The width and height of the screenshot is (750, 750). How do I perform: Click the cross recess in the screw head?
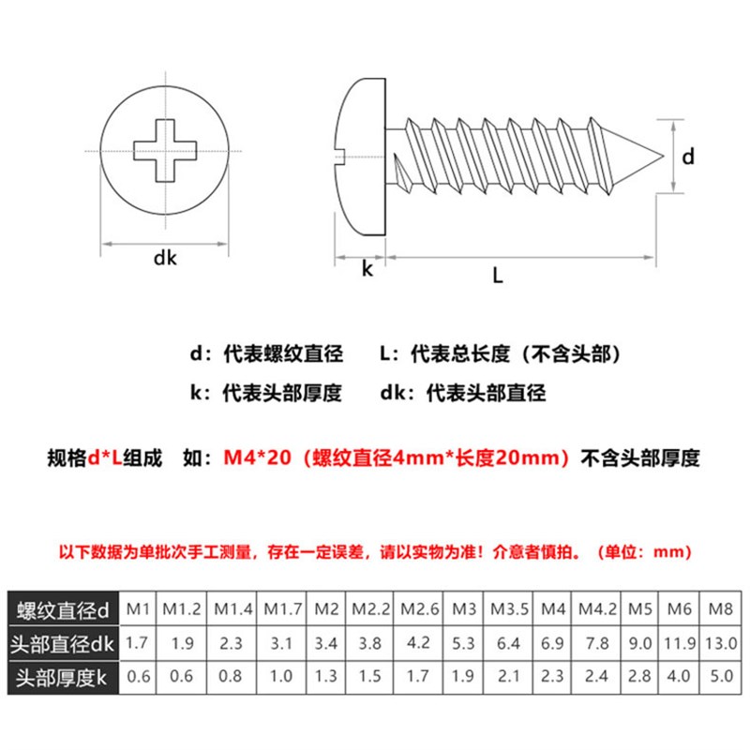[x=166, y=150]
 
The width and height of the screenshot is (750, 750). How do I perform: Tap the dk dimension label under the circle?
[x=165, y=260]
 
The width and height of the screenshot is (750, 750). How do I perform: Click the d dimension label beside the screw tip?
[x=687, y=157]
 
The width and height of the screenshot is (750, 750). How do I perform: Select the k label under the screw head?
[x=367, y=269]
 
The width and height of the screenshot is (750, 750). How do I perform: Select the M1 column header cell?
[x=139, y=609]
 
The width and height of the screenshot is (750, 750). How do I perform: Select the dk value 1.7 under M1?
[x=139, y=643]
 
